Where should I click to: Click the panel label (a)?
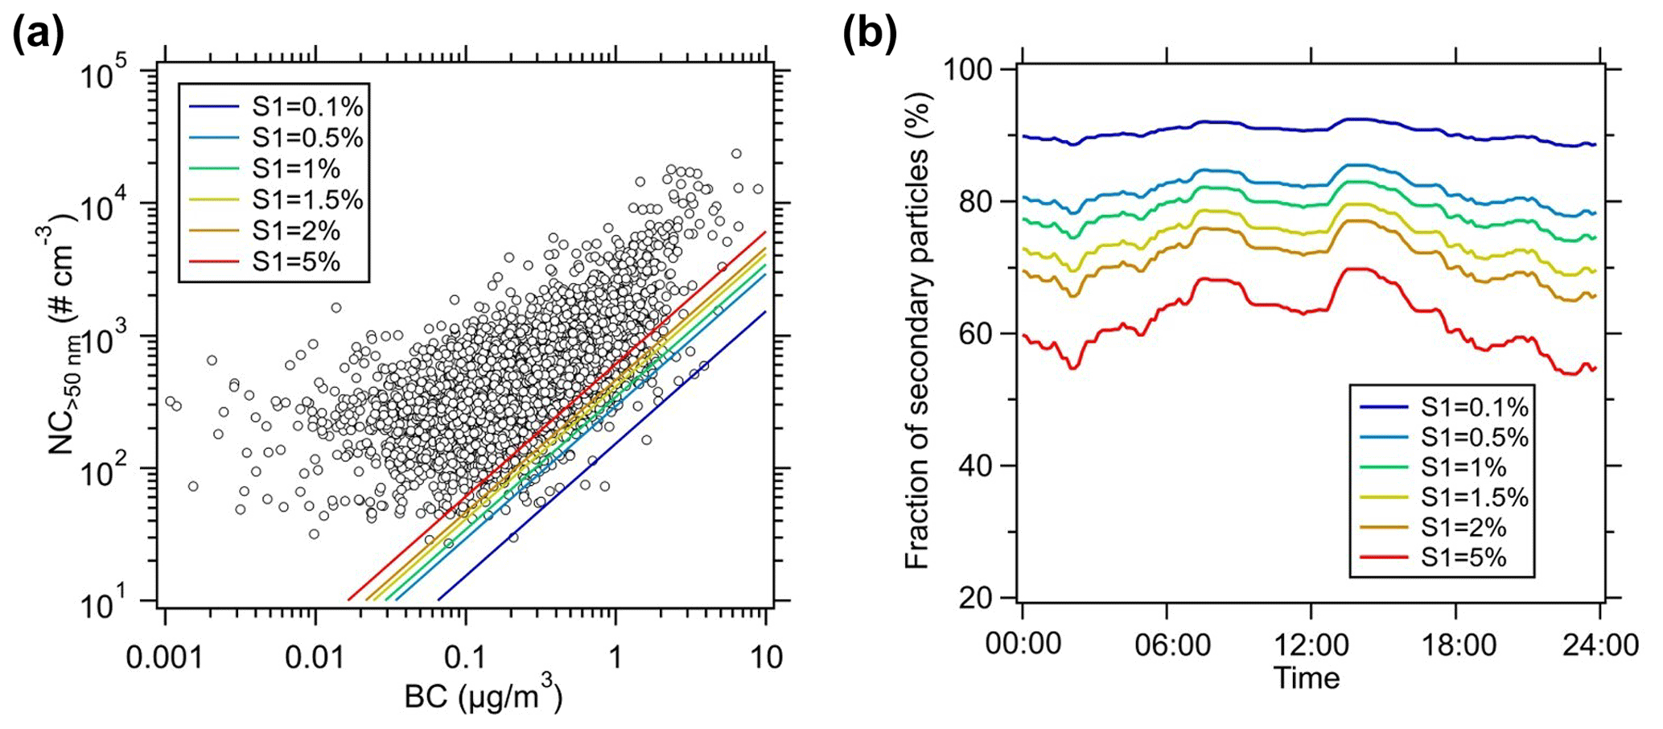39,36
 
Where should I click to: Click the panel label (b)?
869,36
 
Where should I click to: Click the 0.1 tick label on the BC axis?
465,657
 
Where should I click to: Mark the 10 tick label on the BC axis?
765,657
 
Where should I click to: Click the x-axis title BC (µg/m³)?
484,697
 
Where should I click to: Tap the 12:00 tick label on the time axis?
1311,645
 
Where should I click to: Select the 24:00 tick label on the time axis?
1598,645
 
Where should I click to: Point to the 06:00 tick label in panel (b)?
1167,645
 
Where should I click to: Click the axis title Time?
1307,678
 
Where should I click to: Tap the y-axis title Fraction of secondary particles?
917,332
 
